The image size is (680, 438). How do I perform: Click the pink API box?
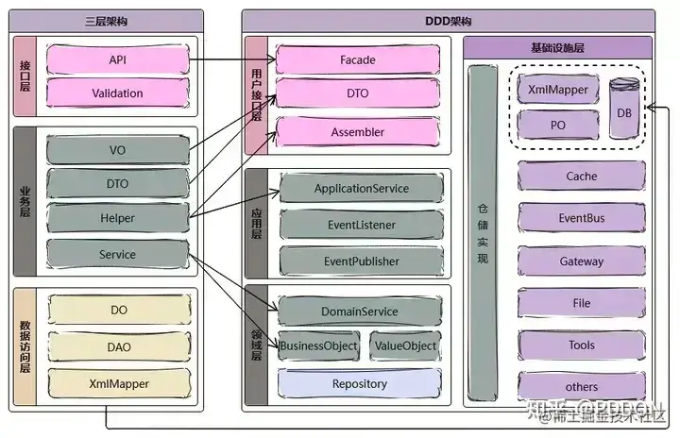click(117, 60)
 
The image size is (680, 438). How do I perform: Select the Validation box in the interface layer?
click(117, 93)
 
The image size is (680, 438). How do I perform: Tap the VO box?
click(117, 150)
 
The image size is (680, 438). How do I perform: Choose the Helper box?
click(117, 218)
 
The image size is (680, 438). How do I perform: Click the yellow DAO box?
click(119, 347)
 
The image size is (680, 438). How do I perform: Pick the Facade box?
click(357, 60)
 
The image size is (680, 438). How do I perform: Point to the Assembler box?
click(357, 132)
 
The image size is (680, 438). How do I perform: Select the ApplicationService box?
click(361, 189)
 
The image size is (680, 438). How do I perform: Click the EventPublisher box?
click(361, 261)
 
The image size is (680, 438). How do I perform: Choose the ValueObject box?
click(405, 346)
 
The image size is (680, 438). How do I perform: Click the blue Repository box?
click(359, 384)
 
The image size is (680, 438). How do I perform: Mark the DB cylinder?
click(623, 110)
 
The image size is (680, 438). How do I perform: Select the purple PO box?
click(557, 124)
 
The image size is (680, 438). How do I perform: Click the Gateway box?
click(582, 261)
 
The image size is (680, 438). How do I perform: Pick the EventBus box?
click(582, 218)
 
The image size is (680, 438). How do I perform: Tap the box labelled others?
click(582, 386)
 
